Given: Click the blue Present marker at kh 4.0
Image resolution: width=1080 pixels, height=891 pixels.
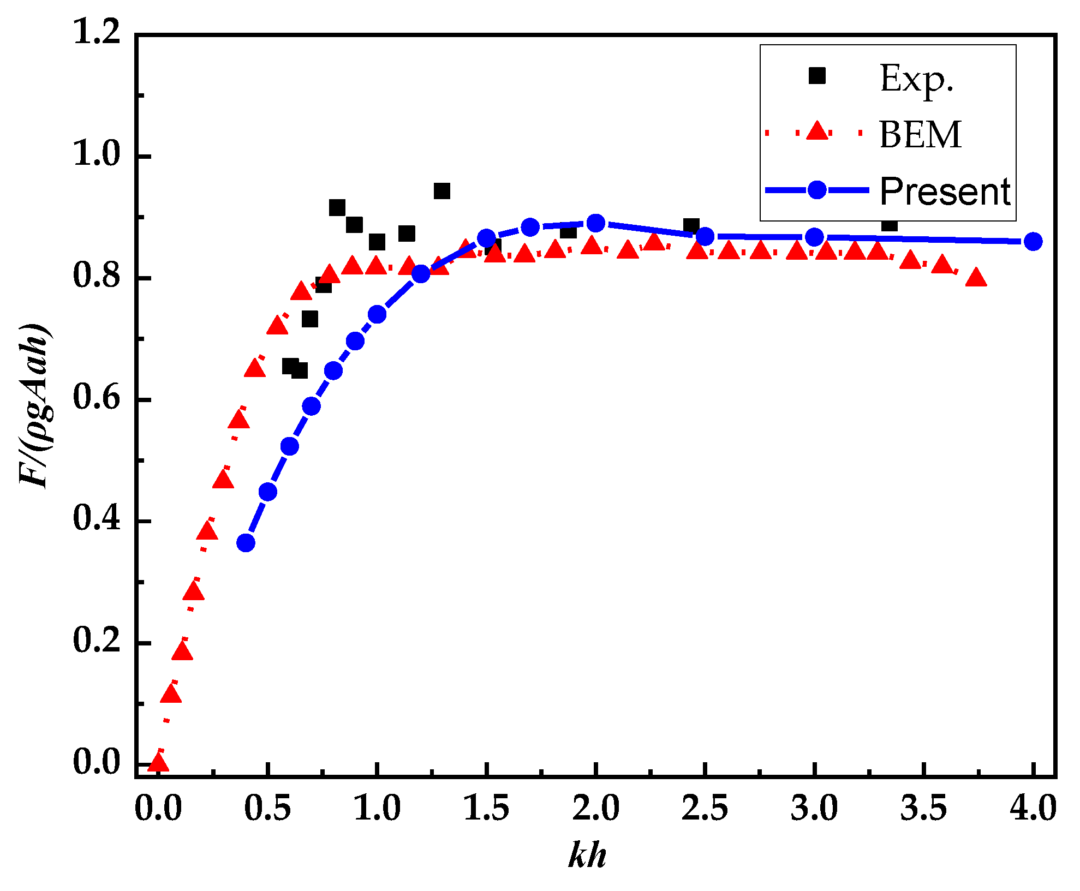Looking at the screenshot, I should pyautogui.click(x=1033, y=241).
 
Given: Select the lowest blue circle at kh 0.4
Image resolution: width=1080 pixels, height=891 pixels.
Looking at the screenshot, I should pyautogui.click(x=246, y=543).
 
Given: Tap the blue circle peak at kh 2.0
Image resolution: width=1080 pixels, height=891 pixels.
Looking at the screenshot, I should pyautogui.click(x=596, y=223).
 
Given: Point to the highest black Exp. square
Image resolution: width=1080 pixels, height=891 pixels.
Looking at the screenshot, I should pyautogui.click(x=441, y=191).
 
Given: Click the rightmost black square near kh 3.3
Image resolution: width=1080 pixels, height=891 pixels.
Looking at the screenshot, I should pyautogui.click(x=890, y=224).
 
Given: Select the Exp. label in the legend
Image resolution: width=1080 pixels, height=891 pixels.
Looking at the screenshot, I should pyautogui.click(x=917, y=79).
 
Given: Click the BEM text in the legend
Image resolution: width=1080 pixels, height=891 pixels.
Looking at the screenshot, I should pyautogui.click(x=920, y=135).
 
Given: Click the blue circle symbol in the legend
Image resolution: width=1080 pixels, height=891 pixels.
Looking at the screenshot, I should pyautogui.click(x=817, y=190).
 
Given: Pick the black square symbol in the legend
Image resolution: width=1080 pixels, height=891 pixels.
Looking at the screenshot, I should pyautogui.click(x=817, y=76).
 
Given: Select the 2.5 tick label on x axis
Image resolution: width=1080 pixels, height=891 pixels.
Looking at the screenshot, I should pyautogui.click(x=705, y=809).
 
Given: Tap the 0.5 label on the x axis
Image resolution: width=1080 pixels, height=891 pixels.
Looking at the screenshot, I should pyautogui.click(x=267, y=809).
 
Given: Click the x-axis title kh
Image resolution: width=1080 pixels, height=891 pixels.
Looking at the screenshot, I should pyautogui.click(x=587, y=855).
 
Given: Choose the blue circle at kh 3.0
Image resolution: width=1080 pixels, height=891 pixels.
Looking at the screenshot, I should pyautogui.click(x=814, y=237).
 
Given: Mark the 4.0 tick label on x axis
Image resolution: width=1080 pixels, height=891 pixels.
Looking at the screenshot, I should pyautogui.click(x=1033, y=809).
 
